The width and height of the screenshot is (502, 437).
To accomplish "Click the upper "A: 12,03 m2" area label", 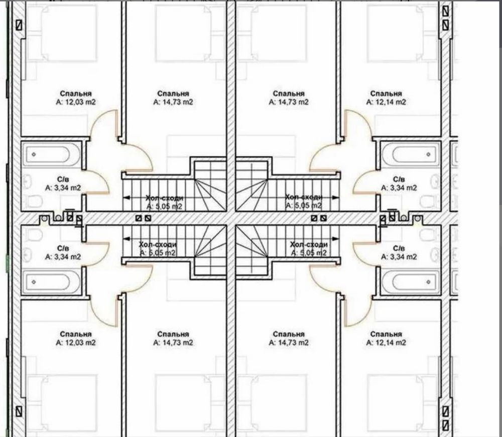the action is coord(76,102).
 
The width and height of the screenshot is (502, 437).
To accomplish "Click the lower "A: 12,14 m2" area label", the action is coord(386,342).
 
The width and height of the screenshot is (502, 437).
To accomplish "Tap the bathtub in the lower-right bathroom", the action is coord(411,282).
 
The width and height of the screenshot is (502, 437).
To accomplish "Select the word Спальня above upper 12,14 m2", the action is coord(386,94).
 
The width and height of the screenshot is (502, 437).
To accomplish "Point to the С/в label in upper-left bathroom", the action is coord(63,179).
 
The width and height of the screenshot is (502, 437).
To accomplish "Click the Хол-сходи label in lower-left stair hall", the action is coord(158,244).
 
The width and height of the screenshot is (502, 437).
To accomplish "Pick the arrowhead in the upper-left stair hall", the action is coord(126,198).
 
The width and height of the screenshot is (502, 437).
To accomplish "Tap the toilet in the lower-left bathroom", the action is coord(34,235).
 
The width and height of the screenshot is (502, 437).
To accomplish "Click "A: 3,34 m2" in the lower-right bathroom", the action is coord(399,257).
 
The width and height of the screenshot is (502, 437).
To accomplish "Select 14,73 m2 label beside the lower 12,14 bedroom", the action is coord(289,342).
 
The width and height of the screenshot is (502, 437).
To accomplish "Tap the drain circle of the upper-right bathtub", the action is coord(428,154).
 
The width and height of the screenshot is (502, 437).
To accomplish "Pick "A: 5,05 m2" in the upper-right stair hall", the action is coord(304,205).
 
